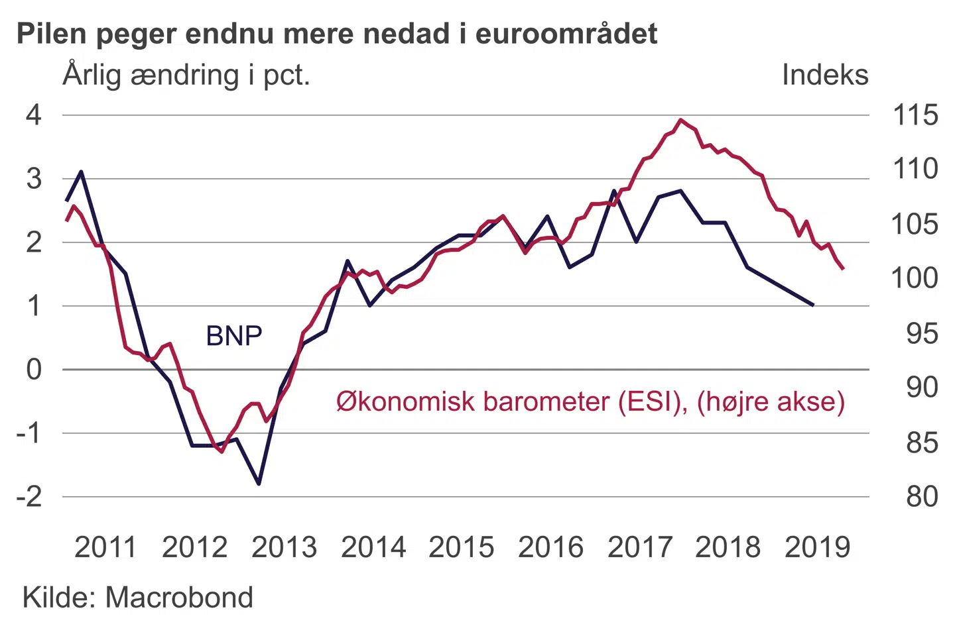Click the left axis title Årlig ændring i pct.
click(x=186, y=75)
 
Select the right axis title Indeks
click(x=824, y=75)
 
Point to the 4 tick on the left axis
click(x=34, y=115)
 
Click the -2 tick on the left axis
click(x=29, y=496)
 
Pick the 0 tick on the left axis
click(x=34, y=369)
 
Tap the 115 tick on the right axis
click(x=915, y=115)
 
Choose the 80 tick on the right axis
click(x=922, y=496)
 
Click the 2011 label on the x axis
click(x=105, y=547)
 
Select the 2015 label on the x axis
click(x=462, y=547)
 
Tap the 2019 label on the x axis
click(x=817, y=547)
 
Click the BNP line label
click(x=234, y=336)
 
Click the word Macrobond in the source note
click(x=179, y=598)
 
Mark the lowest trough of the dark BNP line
click(x=259, y=484)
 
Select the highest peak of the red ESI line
click(x=680, y=120)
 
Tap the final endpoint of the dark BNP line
click(x=813, y=305)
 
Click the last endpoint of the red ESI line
click(x=843, y=269)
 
